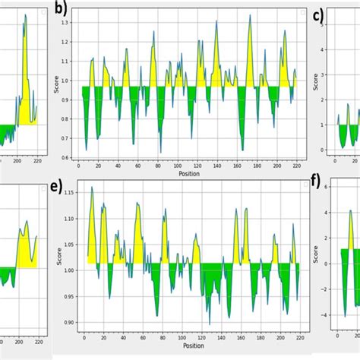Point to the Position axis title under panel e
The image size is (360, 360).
(193, 346)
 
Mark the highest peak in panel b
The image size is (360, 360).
(249, 17)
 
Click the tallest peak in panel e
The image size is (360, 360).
(92, 188)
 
